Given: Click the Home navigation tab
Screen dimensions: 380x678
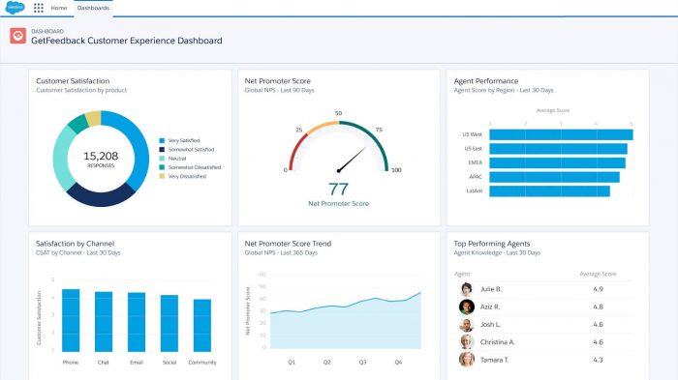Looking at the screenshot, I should point(59,8).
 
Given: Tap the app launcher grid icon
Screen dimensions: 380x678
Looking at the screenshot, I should point(39,8).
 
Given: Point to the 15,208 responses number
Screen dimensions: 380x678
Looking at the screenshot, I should point(101,155).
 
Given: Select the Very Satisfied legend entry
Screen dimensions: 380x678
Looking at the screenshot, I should point(190,140).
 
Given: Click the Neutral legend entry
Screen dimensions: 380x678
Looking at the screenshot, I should point(182,158).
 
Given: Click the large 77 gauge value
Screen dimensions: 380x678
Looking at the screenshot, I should point(338,189).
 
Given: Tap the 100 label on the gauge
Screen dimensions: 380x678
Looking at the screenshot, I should point(396,170).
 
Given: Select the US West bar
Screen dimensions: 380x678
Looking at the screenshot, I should point(562,134).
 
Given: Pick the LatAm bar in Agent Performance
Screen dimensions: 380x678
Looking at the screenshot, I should point(550,191).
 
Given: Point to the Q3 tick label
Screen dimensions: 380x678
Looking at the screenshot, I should point(362,363).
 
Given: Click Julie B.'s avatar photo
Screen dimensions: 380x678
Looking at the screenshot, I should point(466,289).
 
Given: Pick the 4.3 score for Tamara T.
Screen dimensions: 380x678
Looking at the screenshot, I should point(598,360).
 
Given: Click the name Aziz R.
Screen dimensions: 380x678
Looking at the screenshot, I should point(492,307).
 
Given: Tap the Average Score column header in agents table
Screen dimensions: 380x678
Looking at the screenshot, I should point(598,274).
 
